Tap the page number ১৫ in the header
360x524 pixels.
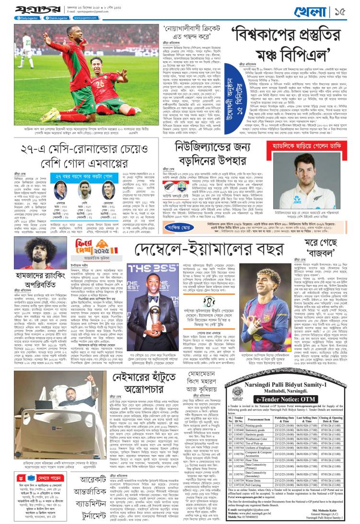(348, 10)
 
